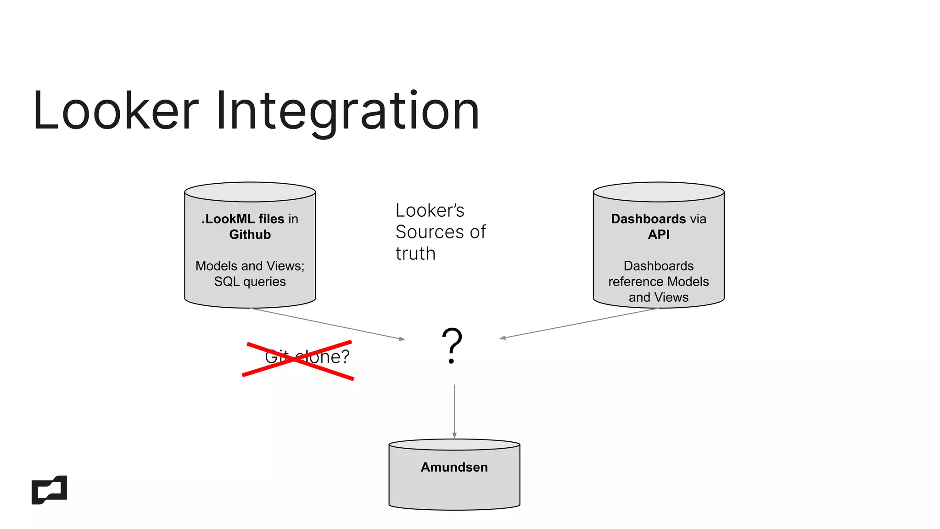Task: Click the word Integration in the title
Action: (347, 111)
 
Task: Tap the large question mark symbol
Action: (452, 345)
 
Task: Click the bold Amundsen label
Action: (454, 467)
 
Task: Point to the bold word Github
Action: (250, 235)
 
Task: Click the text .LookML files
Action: (243, 219)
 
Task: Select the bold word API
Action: (659, 235)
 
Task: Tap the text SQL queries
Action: (250, 281)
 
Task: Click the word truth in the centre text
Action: (415, 253)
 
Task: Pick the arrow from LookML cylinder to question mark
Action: (328, 324)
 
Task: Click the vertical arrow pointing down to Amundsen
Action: (454, 411)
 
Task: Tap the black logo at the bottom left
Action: (49, 490)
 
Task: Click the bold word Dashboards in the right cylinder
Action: (648, 219)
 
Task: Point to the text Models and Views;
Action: (250, 266)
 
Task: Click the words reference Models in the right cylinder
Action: (658, 281)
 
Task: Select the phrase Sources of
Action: (440, 232)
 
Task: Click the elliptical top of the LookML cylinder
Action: (250, 192)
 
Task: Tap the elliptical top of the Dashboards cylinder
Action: (659, 192)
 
